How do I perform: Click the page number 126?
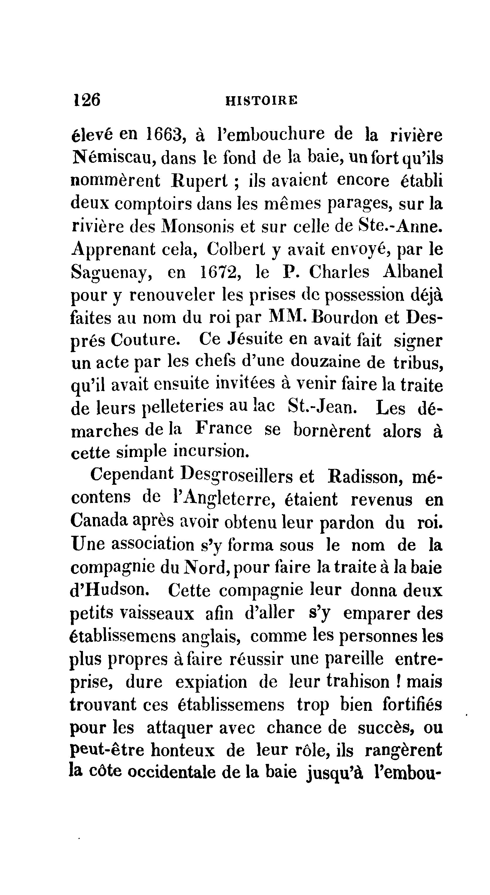pos(86,100)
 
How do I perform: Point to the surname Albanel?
pos(413,272)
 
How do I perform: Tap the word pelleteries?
pos(183,408)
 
